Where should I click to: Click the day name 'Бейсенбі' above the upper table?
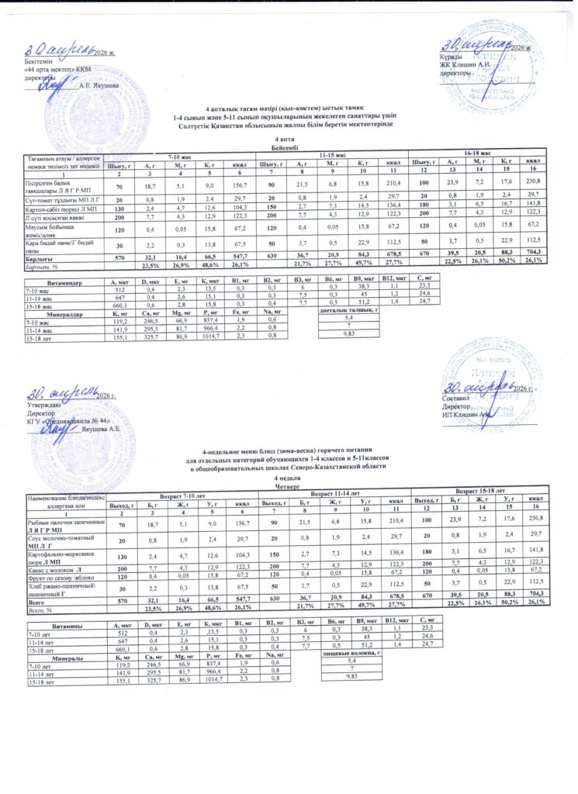pyautogui.click(x=289, y=147)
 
